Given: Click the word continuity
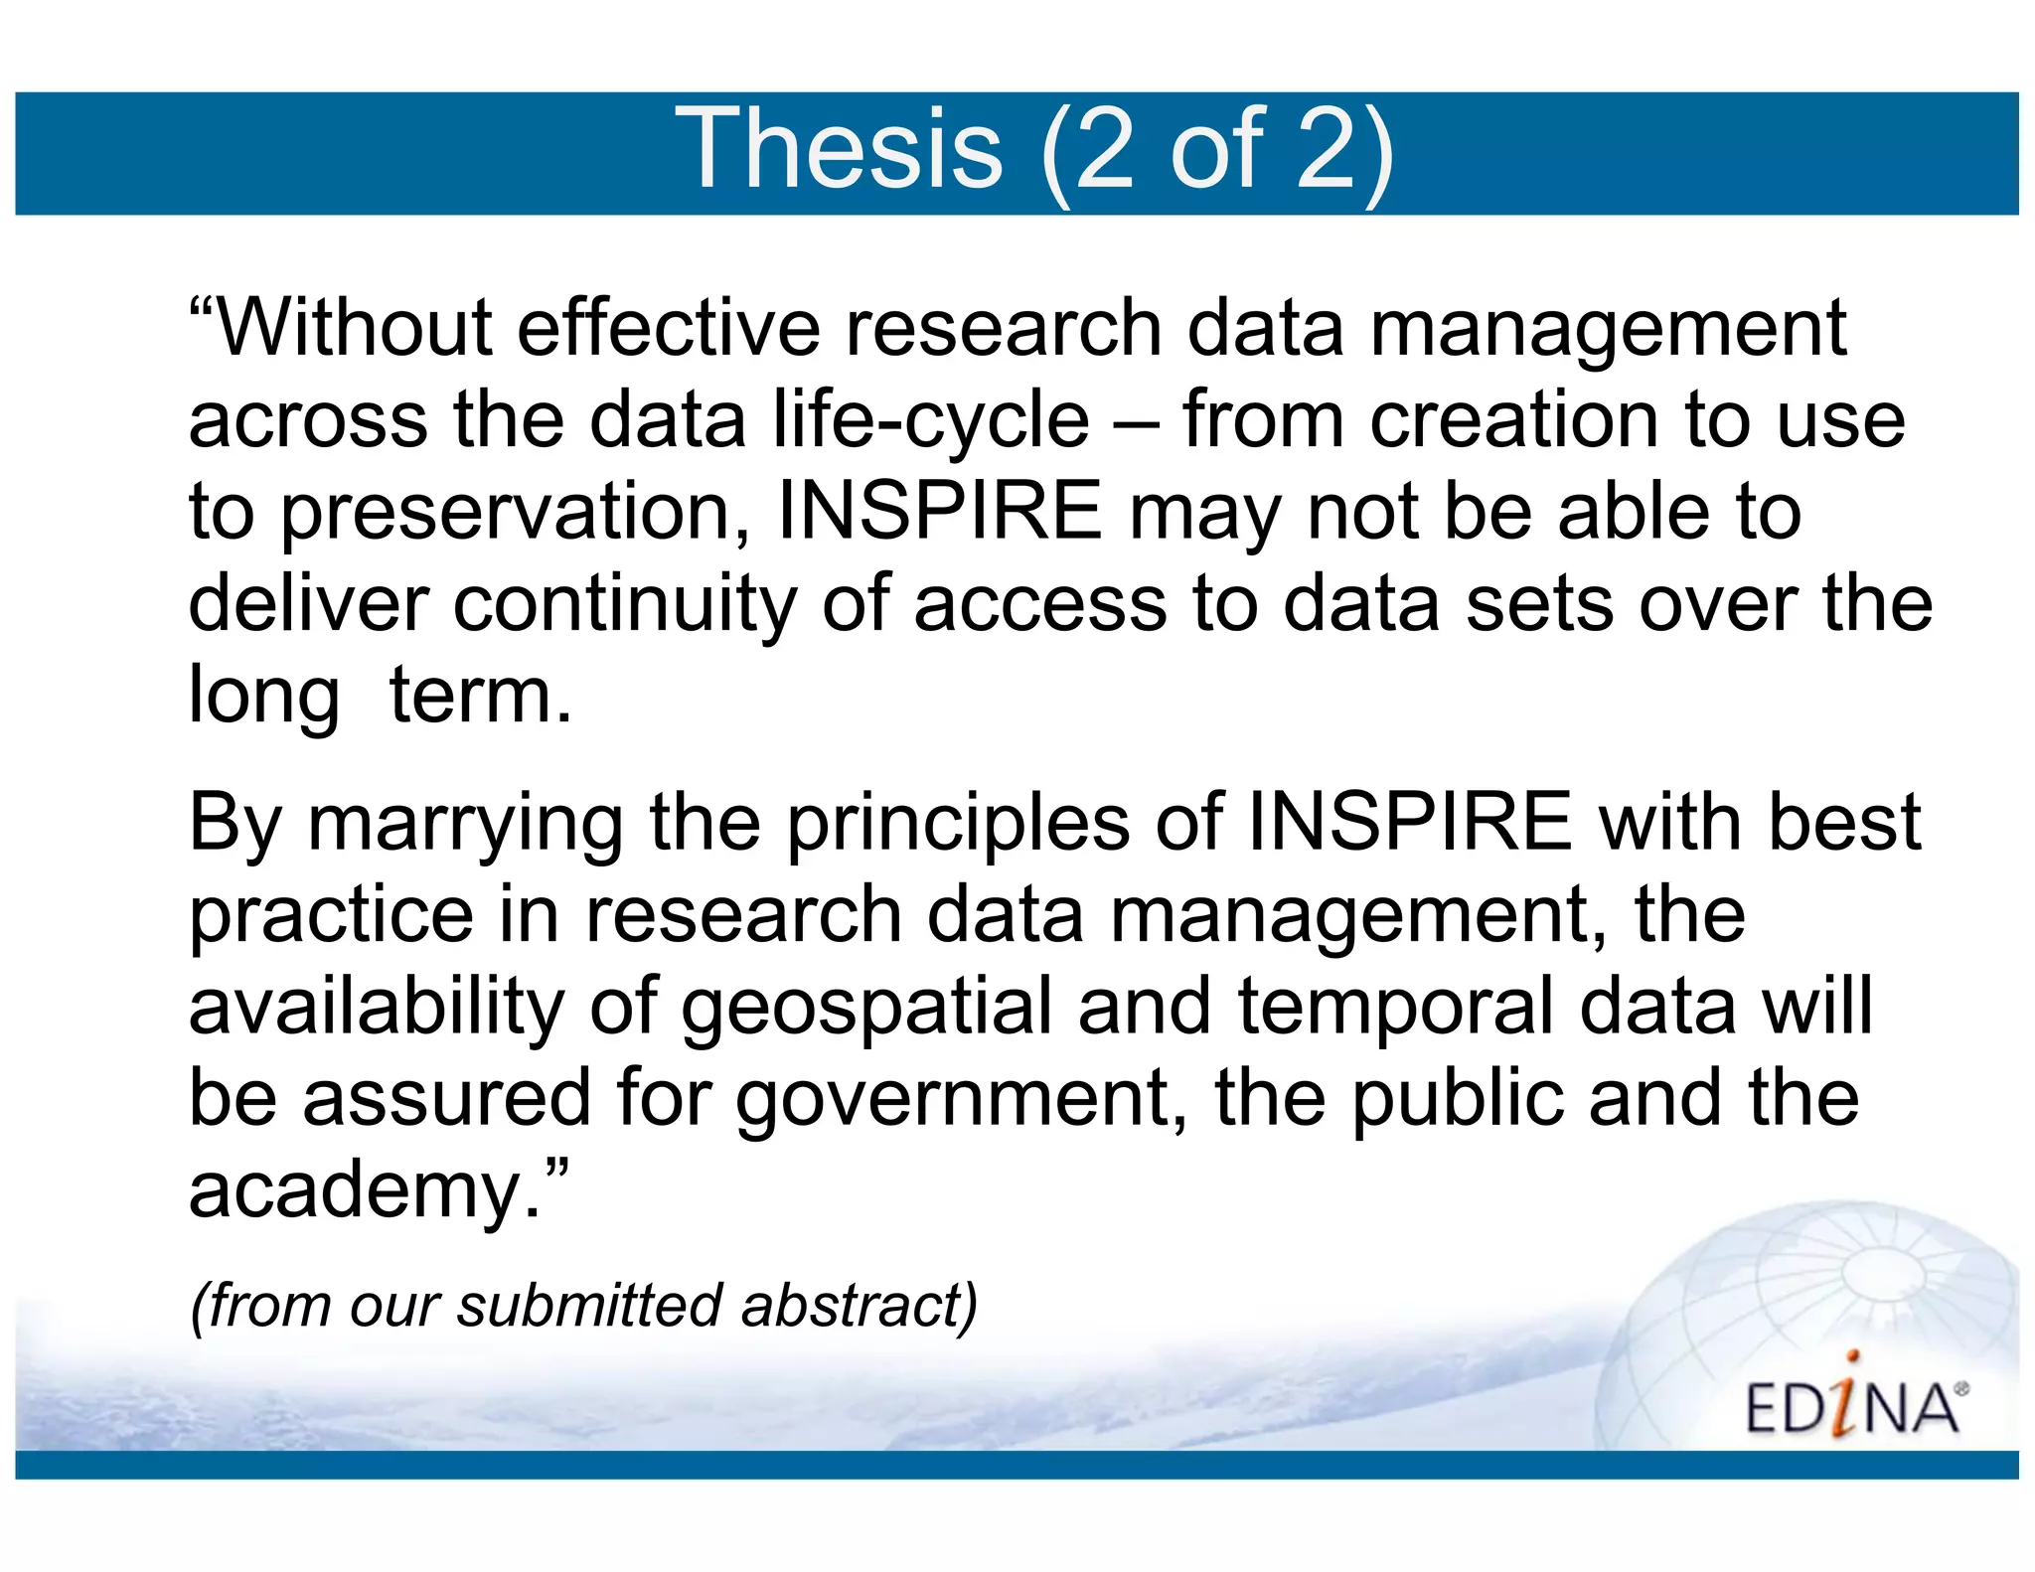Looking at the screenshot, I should [x=624, y=605].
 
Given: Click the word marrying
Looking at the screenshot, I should [x=465, y=825].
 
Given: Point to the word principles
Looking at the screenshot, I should [x=958, y=825].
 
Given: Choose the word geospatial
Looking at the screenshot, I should [x=865, y=1009].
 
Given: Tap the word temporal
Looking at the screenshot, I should [x=1395, y=1009].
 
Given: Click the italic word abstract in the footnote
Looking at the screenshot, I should [x=859, y=1305].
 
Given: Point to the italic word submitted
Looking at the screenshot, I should [x=588, y=1305].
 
